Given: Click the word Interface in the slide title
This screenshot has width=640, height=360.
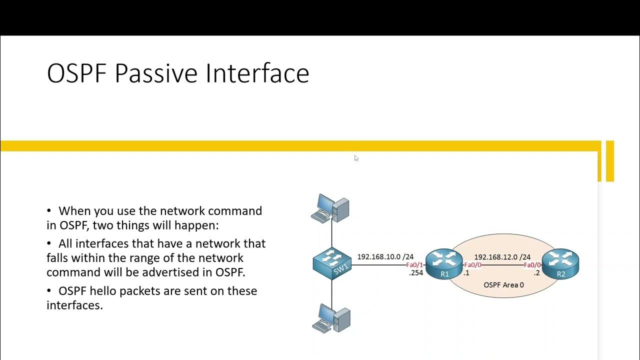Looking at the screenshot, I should [x=257, y=73].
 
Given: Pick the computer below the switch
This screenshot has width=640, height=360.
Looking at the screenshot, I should [x=331, y=318].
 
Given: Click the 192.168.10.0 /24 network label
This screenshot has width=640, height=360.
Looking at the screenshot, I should [x=385, y=256].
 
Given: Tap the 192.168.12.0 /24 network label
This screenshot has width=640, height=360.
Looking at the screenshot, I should [x=502, y=257].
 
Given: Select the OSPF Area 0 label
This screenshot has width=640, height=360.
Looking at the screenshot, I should [x=503, y=284].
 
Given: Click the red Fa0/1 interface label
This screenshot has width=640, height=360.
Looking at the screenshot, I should [x=414, y=265].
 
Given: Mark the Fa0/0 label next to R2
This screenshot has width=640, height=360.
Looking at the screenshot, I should [x=532, y=265].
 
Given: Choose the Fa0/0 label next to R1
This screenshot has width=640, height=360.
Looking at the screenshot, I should [x=472, y=265].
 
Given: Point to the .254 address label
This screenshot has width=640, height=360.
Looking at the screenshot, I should [x=416, y=273].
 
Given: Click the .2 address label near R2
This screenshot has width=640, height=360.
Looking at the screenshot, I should [x=536, y=273].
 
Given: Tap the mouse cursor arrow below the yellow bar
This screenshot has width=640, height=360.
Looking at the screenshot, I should [x=356, y=158].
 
